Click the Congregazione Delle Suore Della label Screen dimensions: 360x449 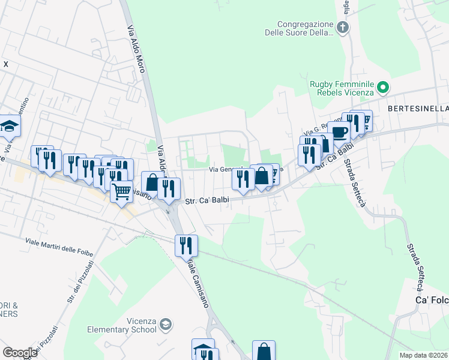tap(299, 28)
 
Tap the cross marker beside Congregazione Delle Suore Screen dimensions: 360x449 tap(342, 27)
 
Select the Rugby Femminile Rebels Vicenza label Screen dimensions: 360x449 tap(342, 88)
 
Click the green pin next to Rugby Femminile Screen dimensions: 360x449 tap(382, 88)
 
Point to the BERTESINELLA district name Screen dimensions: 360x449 tap(418, 109)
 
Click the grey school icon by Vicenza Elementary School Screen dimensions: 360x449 tap(166, 325)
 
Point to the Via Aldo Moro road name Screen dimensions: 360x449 tap(136, 48)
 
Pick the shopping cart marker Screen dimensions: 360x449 tap(122, 192)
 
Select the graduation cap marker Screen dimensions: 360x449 tap(9, 126)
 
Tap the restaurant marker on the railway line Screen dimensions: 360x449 tap(185, 245)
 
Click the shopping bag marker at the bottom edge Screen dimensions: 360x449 tap(264, 352)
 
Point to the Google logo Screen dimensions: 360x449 tap(20, 353)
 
